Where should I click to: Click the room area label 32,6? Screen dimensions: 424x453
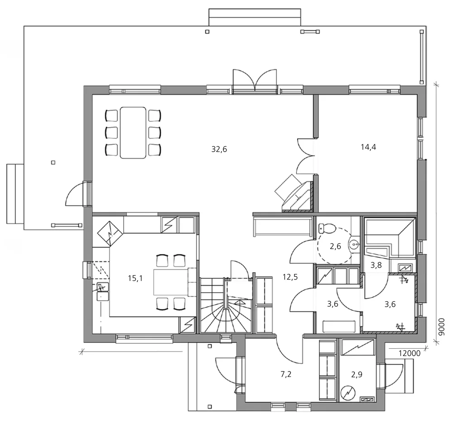[x=219, y=149]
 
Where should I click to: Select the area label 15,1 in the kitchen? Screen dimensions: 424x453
[x=135, y=278]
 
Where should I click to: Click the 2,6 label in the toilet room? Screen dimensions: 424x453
[x=335, y=246]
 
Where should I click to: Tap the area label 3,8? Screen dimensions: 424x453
[x=376, y=266]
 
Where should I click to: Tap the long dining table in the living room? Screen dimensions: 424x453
[x=133, y=132]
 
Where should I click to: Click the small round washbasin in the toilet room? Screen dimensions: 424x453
[x=354, y=245]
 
